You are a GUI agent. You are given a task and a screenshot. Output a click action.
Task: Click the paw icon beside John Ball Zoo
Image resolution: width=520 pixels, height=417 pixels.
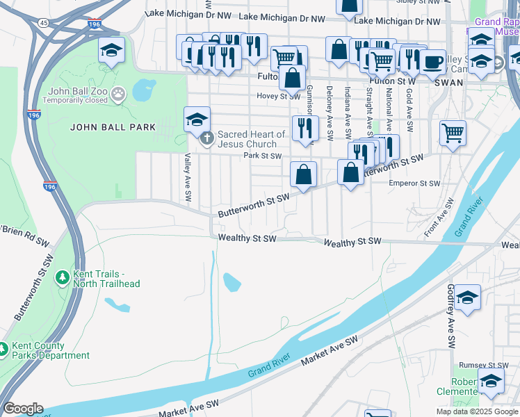tap(119, 91)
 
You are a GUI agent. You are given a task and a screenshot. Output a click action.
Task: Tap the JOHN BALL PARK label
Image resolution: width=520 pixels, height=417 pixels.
tap(102, 127)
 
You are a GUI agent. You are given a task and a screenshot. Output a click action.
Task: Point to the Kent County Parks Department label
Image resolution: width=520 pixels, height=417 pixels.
tap(51, 350)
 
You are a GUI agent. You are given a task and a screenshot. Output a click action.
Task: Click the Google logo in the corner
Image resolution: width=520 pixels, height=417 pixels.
tap(23, 409)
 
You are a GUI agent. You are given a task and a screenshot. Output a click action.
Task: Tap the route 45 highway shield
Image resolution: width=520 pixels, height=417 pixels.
tap(44, 23)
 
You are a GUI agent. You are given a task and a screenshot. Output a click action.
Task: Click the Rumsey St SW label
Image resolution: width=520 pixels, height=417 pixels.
tap(489, 366)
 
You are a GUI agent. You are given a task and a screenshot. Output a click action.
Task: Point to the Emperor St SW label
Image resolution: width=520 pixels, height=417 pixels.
tap(414, 183)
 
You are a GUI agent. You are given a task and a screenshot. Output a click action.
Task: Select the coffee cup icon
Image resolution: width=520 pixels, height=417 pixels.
tap(432, 61)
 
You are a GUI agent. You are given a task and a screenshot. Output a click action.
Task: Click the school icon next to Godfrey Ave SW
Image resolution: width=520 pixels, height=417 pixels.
tap(469, 297)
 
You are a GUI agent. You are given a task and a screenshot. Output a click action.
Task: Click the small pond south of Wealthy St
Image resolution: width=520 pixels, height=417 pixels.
tap(231, 282)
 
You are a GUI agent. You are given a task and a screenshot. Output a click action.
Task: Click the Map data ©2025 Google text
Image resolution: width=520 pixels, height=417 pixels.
tap(476, 411)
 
